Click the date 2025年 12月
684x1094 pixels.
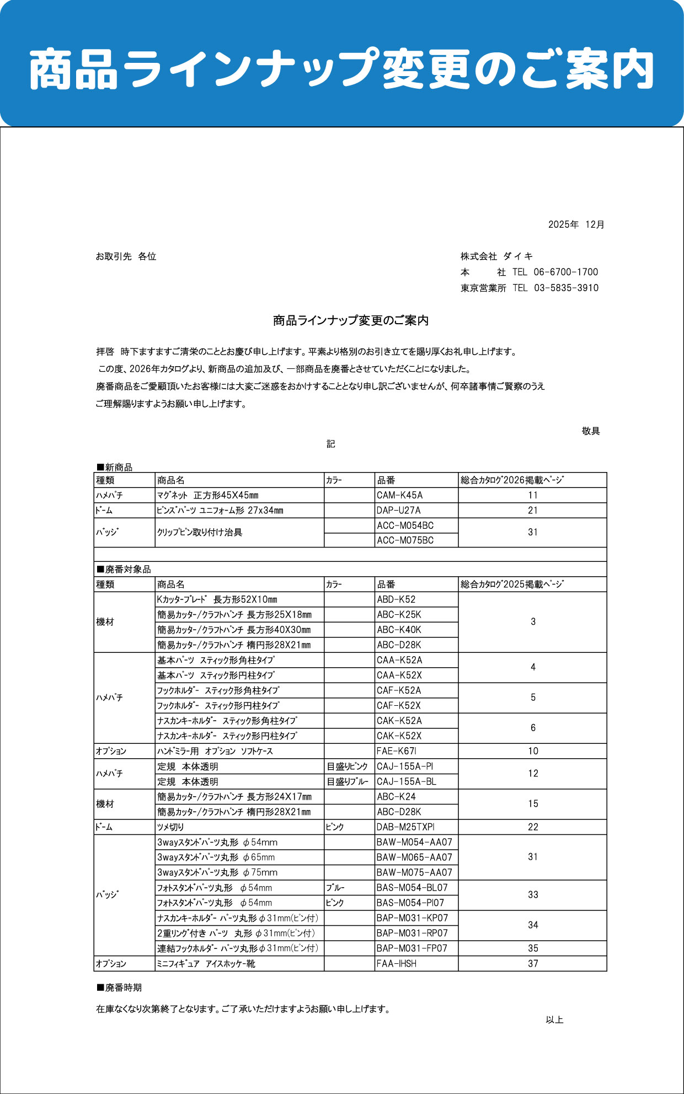pos(576,224)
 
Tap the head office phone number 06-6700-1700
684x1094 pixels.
pos(565,272)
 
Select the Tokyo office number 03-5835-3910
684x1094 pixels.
pos(566,288)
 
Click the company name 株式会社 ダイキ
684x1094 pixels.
pos(496,256)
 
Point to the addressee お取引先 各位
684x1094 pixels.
pos(126,256)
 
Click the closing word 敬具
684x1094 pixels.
pos(590,431)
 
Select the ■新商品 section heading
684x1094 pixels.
pos(115,467)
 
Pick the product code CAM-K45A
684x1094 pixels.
pos(399,495)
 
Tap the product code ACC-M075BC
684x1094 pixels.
pos(405,540)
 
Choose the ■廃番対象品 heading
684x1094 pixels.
pos(124,569)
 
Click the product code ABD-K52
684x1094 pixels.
pos(396,599)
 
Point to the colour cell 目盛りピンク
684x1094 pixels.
pos(347,766)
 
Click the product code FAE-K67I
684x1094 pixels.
pos(396,751)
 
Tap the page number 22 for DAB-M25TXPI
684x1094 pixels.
pos(532,827)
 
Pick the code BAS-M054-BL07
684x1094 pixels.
pos(412,888)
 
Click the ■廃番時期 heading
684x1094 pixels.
pos(119,988)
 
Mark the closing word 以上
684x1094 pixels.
pos(554,1020)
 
